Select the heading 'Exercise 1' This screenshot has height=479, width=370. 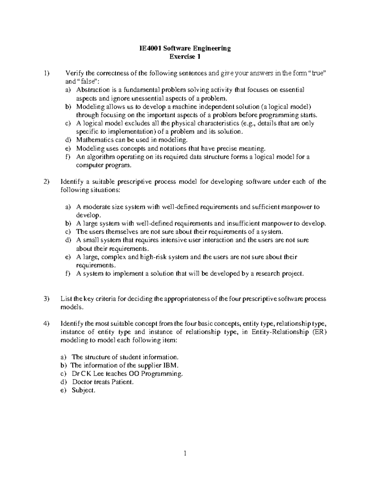[x=185, y=57]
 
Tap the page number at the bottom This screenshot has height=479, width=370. [x=185, y=453]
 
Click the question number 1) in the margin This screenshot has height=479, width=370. [x=46, y=73]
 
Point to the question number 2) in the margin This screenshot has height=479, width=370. [x=46, y=182]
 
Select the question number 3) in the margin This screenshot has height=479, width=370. [x=46, y=299]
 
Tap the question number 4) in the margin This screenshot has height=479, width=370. [x=46, y=324]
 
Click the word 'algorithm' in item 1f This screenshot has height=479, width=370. [x=99, y=157]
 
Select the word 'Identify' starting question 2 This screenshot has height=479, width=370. [x=71, y=182]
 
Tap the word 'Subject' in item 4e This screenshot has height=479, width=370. [x=82, y=390]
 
